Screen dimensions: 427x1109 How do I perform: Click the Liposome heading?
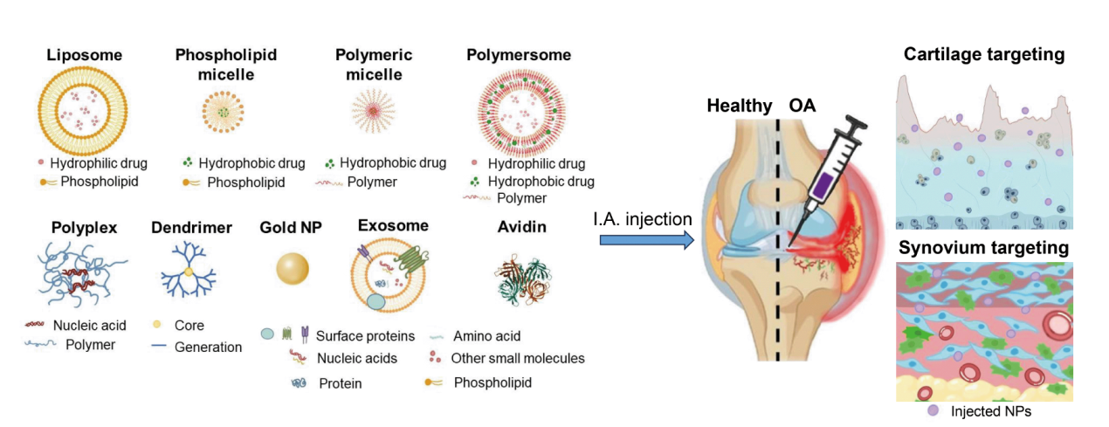[x=84, y=55]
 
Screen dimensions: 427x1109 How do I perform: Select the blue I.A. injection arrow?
[x=645, y=238]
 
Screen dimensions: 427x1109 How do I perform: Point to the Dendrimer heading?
[x=192, y=228]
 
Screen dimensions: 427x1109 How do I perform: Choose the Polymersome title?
[x=519, y=55]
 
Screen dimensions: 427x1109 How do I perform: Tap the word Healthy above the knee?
[x=739, y=106]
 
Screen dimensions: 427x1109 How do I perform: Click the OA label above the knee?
[x=803, y=106]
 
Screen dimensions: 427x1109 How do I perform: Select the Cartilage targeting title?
[x=984, y=55]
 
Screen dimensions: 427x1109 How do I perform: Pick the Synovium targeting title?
[x=983, y=248]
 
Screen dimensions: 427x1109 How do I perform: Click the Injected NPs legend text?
[x=989, y=410]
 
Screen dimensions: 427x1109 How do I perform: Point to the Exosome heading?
[x=393, y=225]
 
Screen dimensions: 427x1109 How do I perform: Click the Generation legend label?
[x=208, y=347]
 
